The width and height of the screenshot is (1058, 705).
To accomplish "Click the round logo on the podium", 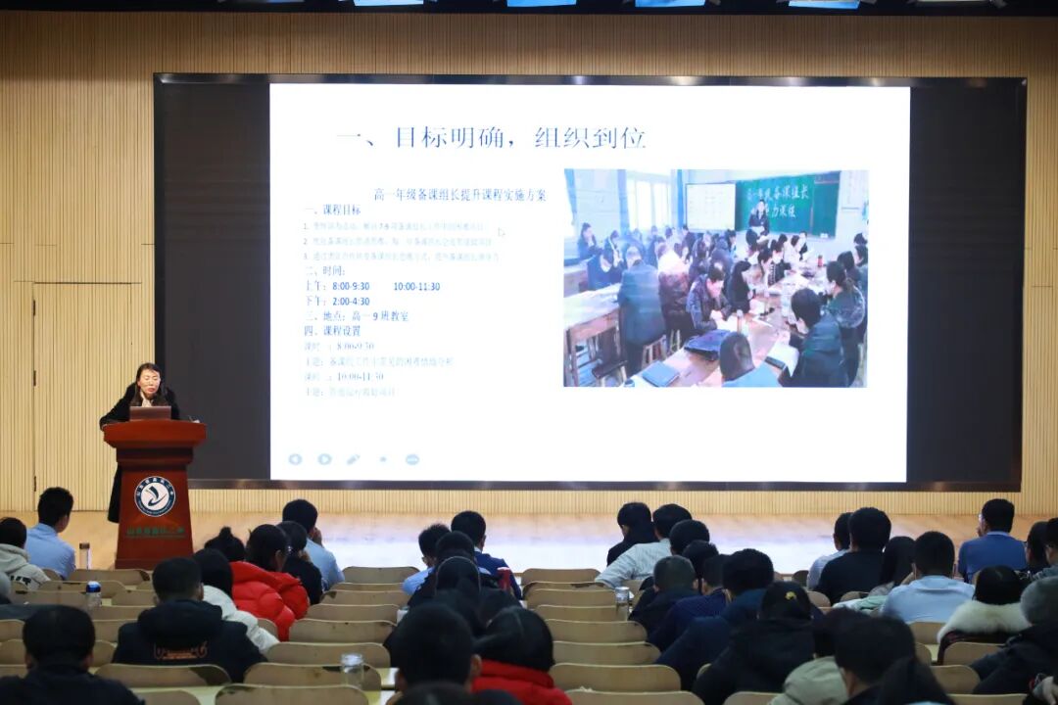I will (x=155, y=495).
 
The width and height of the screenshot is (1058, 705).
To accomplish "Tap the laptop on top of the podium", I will (x=150, y=413).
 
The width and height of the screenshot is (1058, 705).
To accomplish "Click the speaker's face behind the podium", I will (x=148, y=380).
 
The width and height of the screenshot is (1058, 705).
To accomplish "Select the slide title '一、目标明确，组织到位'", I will (x=491, y=137).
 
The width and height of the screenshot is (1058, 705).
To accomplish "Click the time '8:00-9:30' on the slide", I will (x=351, y=286).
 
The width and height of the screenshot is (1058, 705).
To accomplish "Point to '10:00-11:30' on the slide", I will (x=416, y=286).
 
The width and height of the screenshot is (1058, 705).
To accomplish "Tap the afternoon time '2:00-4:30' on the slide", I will (x=351, y=302).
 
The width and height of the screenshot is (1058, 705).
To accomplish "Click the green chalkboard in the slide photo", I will (x=788, y=203).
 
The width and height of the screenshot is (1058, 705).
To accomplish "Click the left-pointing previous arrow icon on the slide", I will (x=295, y=459).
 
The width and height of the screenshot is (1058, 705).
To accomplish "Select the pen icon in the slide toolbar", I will (x=353, y=459).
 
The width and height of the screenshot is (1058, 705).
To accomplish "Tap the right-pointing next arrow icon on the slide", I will (x=324, y=459).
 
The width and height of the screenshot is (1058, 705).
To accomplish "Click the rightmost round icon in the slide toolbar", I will (x=412, y=459).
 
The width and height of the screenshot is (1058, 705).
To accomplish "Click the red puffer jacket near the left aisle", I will (x=268, y=593).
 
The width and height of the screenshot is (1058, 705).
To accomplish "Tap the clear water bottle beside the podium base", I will (x=84, y=555).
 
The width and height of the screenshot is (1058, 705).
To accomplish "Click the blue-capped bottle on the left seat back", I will (x=93, y=595).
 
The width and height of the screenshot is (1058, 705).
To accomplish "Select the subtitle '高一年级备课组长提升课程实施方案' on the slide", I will (x=459, y=195).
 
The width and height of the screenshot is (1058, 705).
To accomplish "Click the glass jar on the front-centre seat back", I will (x=353, y=670).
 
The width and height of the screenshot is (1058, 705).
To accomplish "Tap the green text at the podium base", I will (x=155, y=532).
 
